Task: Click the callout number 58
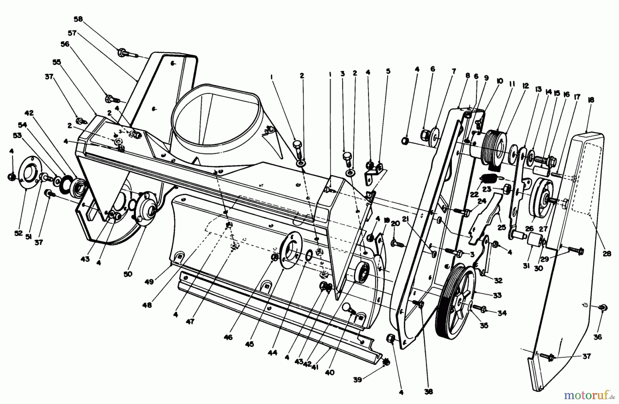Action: point(78,19)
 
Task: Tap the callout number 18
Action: point(591,100)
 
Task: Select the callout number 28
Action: point(607,254)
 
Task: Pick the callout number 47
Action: point(190,322)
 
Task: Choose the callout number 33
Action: point(497,295)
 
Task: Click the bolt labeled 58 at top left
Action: point(126,53)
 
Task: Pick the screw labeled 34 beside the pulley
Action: point(479,307)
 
